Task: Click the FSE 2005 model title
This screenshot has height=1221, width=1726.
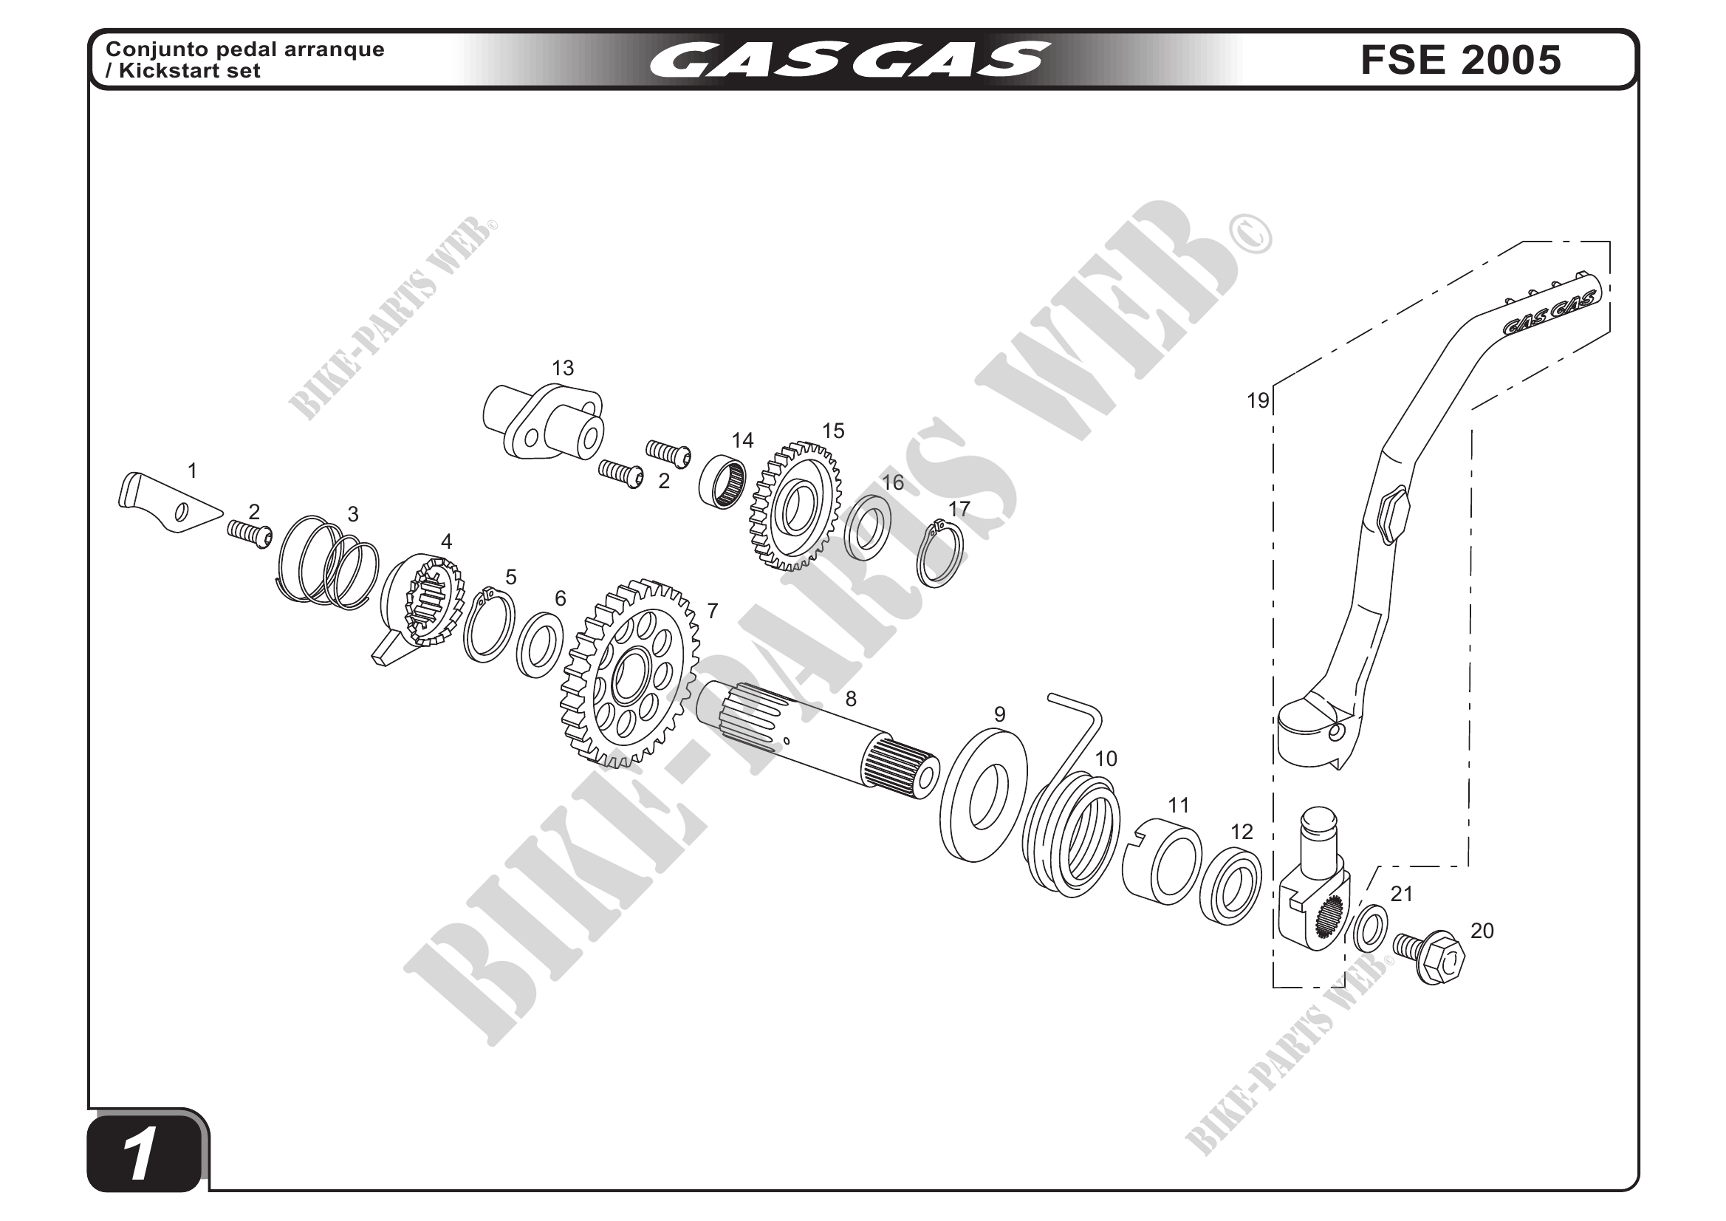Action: coord(1460,60)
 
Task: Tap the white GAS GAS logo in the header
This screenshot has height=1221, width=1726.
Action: coord(849,59)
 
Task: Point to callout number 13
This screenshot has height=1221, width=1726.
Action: coord(562,369)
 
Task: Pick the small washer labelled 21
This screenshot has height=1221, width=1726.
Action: coord(1371,929)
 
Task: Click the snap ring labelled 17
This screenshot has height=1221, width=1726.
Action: coord(940,554)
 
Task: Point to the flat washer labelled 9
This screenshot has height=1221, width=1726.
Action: coord(983,796)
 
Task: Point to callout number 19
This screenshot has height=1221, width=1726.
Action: coord(1258,401)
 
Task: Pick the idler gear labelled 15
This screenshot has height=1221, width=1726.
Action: coord(796,507)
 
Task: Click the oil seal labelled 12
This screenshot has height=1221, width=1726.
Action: coord(1230,886)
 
